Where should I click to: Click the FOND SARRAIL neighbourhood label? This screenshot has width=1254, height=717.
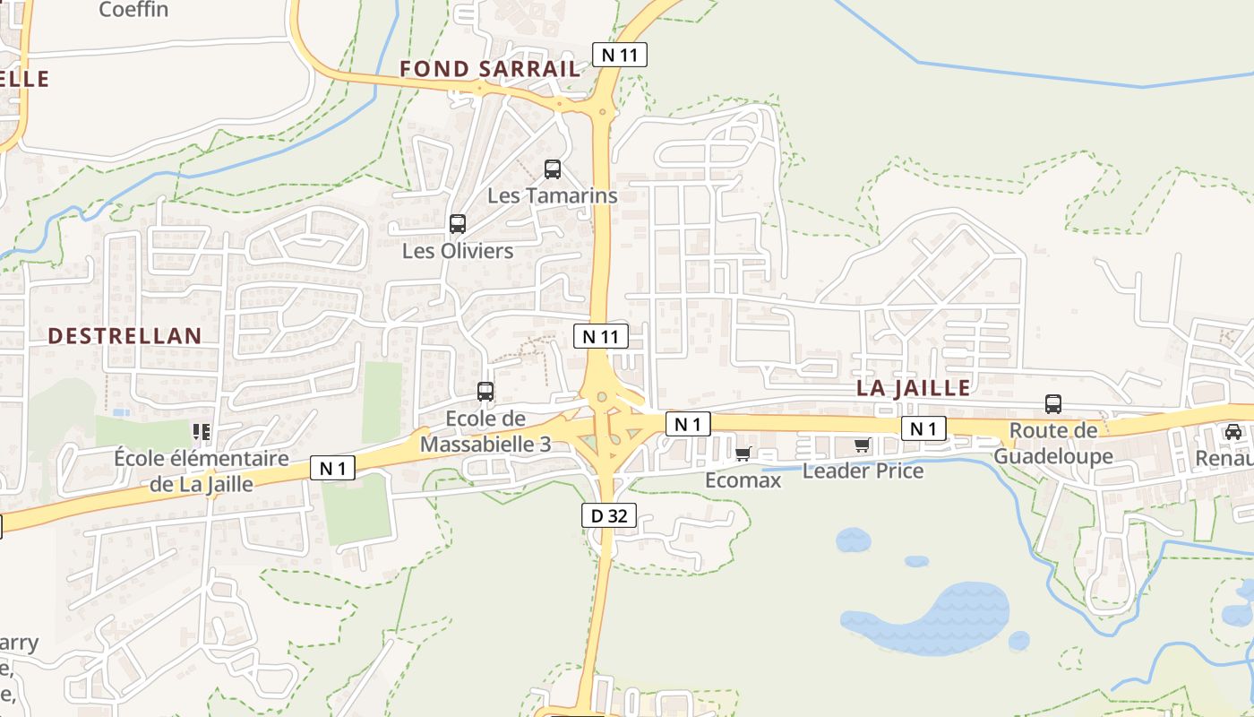[x=489, y=69]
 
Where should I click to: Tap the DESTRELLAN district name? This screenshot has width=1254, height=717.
[x=125, y=336]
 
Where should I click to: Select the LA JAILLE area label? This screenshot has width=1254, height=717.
[x=913, y=388]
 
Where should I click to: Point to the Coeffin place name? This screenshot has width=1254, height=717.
[x=134, y=10]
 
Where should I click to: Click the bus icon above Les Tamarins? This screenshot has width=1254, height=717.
[x=553, y=169]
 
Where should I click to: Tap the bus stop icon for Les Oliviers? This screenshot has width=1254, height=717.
[x=458, y=224]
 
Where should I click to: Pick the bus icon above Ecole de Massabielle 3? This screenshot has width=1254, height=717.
[x=485, y=392]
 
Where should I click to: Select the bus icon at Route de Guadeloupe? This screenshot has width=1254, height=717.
[x=1053, y=404]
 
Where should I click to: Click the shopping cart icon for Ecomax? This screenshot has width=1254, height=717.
[x=743, y=454]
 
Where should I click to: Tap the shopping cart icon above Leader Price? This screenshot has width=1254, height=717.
[x=863, y=445]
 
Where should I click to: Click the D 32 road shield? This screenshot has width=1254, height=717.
[x=609, y=515]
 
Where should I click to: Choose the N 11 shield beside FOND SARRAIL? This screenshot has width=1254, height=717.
[x=620, y=55]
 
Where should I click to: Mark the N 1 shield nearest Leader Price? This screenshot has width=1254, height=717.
[x=923, y=429]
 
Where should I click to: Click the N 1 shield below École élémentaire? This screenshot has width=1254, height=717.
[x=332, y=468]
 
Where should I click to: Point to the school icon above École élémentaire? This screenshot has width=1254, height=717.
[x=202, y=432]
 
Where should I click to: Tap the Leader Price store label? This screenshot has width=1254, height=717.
[x=863, y=471]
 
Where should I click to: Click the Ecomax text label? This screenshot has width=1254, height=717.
[x=743, y=480]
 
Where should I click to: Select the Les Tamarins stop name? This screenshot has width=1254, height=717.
[x=553, y=195]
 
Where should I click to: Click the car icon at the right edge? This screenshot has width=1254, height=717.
[x=1233, y=432]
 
